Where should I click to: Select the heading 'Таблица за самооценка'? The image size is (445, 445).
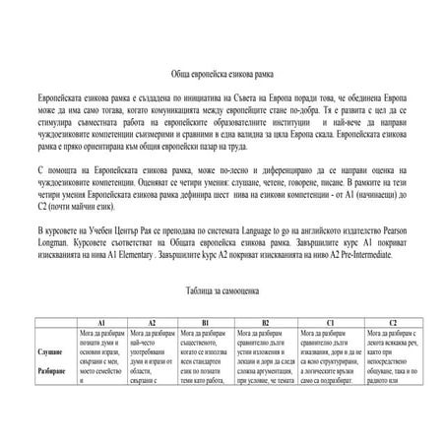[x=222, y=291]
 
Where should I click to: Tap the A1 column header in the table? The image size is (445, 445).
[x=101, y=322]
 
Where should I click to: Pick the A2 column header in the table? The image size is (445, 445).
[x=152, y=322]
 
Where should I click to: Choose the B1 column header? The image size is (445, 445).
[x=205, y=322]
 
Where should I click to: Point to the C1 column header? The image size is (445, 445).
[x=330, y=322]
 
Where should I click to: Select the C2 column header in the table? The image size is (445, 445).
[x=392, y=322]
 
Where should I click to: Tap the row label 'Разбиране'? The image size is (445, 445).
[x=52, y=370]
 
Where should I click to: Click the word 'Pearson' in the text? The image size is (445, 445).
[x=407, y=228]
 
